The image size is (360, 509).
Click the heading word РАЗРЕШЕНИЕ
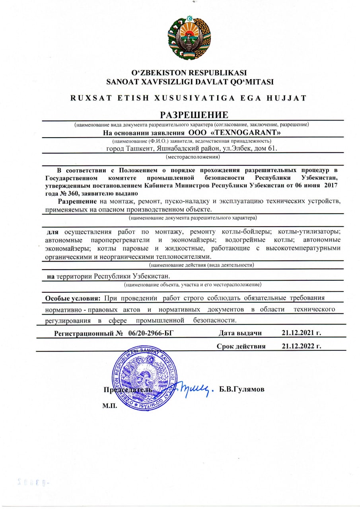194,115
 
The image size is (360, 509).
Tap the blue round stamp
144,378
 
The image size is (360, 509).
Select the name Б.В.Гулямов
242,389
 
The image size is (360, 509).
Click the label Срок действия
241,346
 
